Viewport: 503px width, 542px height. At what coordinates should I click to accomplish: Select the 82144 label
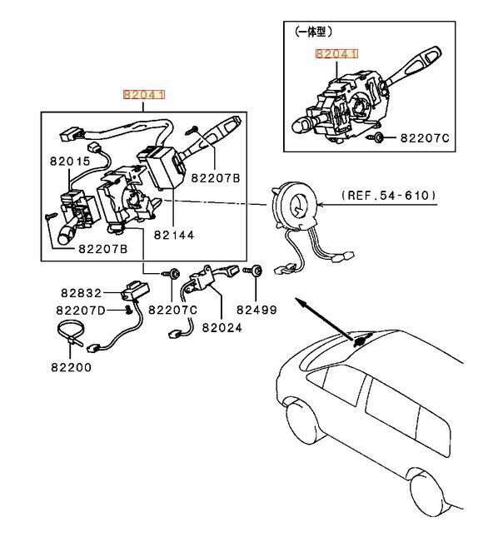click(172, 236)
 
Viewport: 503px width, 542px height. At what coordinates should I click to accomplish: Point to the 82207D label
click(81, 311)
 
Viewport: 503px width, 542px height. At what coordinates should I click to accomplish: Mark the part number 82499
click(256, 310)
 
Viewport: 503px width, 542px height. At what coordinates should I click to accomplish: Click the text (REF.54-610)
click(388, 196)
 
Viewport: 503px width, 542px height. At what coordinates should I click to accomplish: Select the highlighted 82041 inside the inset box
click(336, 54)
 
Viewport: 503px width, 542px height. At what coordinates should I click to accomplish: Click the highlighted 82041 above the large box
click(145, 96)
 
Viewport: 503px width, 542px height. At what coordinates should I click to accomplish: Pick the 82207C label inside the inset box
click(425, 137)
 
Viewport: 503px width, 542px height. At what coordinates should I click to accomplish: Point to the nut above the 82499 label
click(257, 271)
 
